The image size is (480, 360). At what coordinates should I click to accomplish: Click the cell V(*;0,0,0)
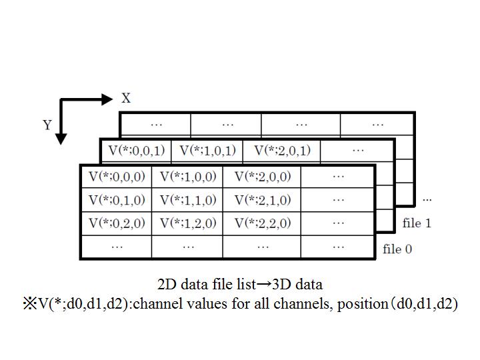tap(117, 177)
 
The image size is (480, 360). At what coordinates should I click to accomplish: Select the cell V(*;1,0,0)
tap(187, 177)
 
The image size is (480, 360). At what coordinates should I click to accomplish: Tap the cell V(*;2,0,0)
tap(262, 177)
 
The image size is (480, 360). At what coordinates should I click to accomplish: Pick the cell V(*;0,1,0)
tap(117, 200)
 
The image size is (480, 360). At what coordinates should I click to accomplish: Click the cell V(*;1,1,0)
tap(187, 200)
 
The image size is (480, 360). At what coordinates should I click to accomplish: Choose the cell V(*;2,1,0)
tap(262, 200)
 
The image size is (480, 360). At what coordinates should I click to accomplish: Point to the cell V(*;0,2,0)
tap(117, 223)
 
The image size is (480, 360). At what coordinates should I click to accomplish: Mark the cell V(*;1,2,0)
tap(187, 223)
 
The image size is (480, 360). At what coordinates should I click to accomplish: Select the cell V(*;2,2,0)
tap(262, 223)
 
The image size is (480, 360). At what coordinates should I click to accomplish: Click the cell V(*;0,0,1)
tap(137, 151)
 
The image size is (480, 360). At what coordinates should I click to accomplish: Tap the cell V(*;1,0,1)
tap(207, 151)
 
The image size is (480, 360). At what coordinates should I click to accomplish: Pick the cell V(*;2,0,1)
tap(282, 151)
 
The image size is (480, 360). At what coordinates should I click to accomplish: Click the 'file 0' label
tap(397, 249)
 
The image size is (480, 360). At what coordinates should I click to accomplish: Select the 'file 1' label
tap(417, 223)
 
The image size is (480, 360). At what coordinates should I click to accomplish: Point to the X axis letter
tap(126, 99)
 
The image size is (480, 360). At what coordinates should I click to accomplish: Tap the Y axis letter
tap(47, 125)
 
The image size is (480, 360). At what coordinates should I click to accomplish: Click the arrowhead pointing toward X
tap(108, 99)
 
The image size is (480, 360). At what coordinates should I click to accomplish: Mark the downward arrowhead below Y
tap(61, 139)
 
